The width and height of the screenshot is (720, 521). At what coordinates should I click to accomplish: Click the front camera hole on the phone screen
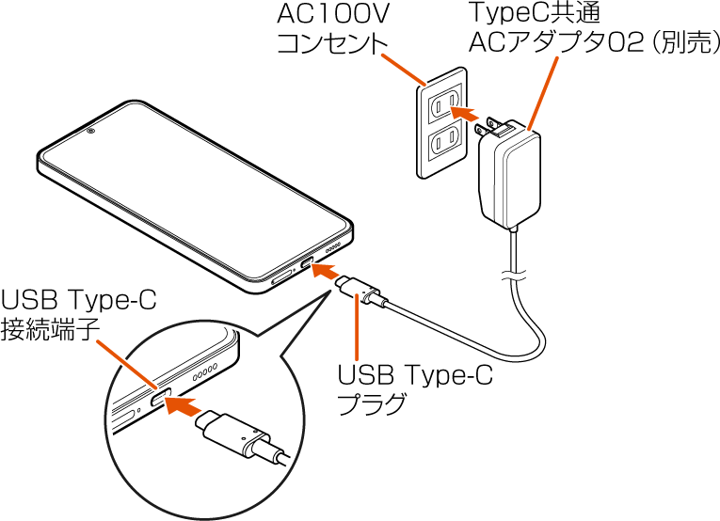click(90, 131)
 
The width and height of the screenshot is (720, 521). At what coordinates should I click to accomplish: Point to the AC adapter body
click(510, 179)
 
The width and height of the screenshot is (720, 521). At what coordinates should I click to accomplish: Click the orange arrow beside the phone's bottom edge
click(325, 271)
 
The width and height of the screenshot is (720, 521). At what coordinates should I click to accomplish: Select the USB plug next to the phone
click(363, 292)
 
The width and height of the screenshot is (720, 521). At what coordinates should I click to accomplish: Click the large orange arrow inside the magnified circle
click(184, 406)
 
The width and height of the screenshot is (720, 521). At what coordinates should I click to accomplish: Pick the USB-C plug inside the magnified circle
click(235, 434)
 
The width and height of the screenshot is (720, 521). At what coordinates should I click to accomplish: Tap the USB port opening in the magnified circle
click(156, 398)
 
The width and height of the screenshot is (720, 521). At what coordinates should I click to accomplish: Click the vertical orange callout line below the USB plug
click(357, 329)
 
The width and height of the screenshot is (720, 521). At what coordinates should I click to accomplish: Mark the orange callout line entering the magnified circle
click(127, 364)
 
